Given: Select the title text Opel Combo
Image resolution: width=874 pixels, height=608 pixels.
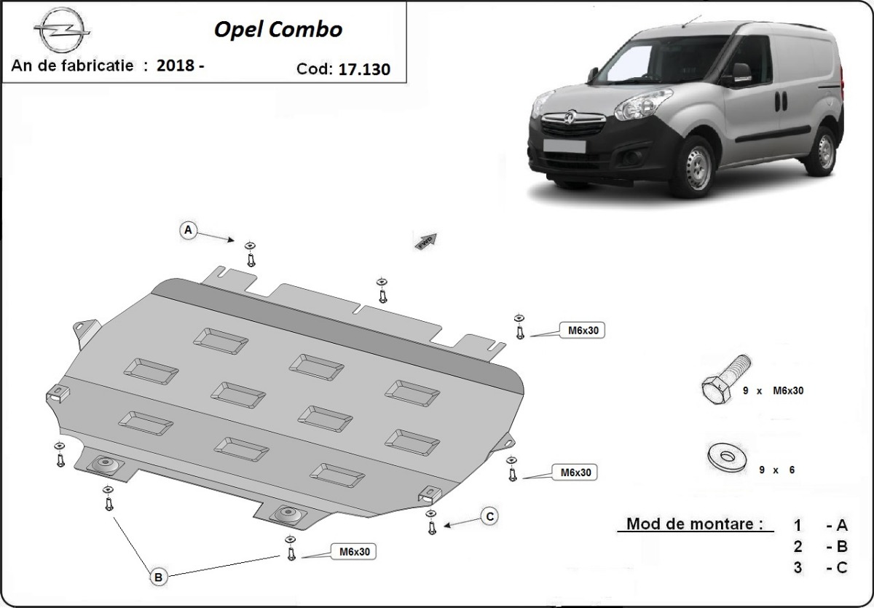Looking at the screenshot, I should click(x=277, y=29).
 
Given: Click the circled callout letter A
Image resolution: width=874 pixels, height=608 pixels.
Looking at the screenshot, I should click(x=188, y=230).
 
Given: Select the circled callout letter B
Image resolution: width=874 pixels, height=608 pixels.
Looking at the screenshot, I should click(x=158, y=577).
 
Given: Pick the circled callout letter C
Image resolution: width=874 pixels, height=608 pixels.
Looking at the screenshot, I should click(x=490, y=516).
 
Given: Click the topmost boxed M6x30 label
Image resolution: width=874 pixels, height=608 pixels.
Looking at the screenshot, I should click(x=582, y=331).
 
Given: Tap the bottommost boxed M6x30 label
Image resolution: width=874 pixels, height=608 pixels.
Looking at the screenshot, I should click(x=354, y=552).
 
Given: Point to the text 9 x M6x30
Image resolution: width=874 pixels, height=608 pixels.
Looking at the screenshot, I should click(x=773, y=391).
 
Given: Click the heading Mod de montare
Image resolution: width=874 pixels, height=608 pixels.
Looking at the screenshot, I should click(x=695, y=524).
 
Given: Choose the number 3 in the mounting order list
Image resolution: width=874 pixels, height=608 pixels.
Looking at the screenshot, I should click(x=798, y=568).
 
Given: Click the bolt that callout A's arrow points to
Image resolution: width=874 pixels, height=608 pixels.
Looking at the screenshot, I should click(x=251, y=254).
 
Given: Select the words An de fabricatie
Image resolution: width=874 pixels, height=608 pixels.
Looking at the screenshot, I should click(x=72, y=66).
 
